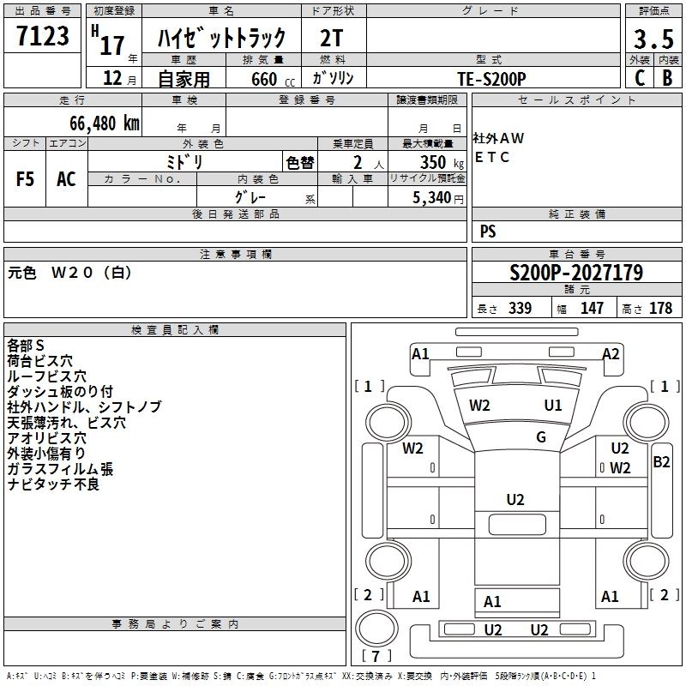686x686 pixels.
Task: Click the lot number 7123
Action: (x=43, y=37)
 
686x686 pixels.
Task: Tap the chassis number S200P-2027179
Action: (x=575, y=273)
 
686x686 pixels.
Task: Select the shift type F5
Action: (x=26, y=178)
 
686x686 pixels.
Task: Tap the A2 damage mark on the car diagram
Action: (x=611, y=353)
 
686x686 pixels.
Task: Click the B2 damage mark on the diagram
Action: (x=661, y=462)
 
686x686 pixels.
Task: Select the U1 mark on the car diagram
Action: (x=553, y=405)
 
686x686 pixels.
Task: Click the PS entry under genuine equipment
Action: (x=488, y=232)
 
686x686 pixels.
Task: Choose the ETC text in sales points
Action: (x=492, y=158)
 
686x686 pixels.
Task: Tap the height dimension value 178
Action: (x=660, y=309)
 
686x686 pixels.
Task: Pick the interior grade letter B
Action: (x=667, y=77)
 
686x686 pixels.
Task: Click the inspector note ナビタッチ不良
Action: (x=53, y=484)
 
